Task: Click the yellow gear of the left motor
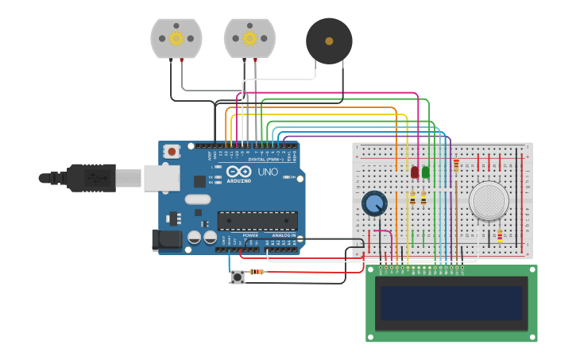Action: click(176, 38)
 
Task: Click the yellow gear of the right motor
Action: click(249, 38)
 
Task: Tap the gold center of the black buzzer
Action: click(329, 41)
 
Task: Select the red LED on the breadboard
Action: click(415, 172)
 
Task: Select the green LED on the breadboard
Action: click(426, 172)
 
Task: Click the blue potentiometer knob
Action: click(374, 203)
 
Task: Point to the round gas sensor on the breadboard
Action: click(489, 201)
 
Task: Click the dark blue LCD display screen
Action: click(451, 303)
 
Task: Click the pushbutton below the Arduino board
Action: click(238, 277)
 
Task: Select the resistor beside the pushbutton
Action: click(257, 272)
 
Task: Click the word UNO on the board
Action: click(268, 172)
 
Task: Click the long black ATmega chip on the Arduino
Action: click(257, 221)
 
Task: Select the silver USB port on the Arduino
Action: click(161, 178)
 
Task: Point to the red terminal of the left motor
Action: click(182, 60)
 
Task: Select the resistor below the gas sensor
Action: click(499, 236)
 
